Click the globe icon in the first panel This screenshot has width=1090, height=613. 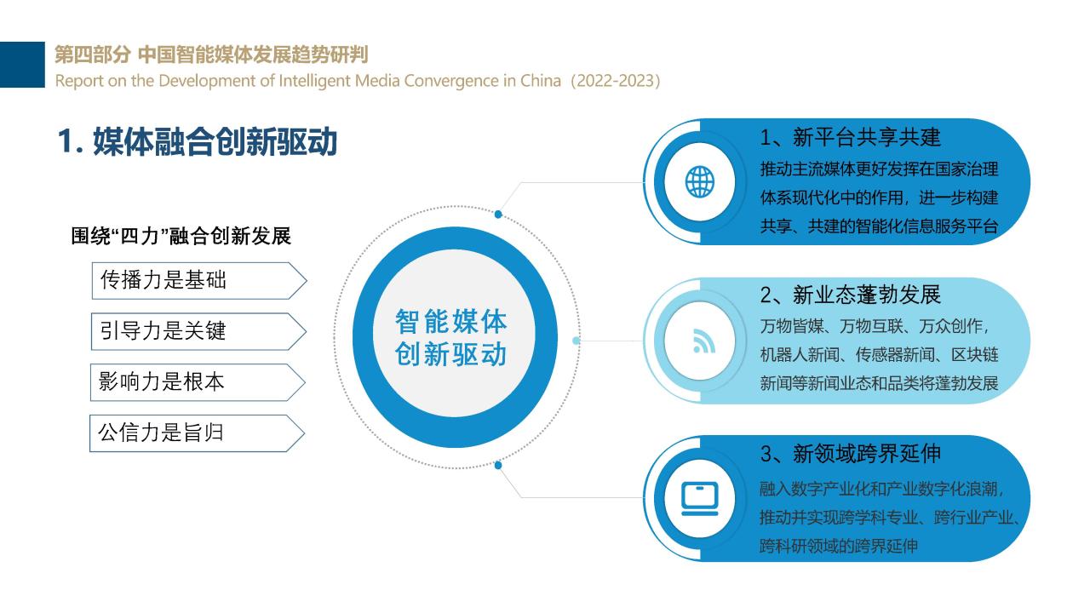[700, 182]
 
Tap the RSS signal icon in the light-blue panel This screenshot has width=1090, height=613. [704, 341]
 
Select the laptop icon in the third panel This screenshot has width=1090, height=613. [700, 499]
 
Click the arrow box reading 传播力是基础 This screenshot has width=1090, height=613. [199, 281]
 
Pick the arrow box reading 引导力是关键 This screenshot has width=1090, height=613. [198, 332]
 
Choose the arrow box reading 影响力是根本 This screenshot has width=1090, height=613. [198, 382]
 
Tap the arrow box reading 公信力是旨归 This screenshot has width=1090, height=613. [197, 433]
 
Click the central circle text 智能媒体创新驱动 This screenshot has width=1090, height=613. [451, 338]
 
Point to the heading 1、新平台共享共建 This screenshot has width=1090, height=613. [850, 138]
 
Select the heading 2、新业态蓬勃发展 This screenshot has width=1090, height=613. [850, 295]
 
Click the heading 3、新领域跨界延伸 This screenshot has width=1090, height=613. [850, 454]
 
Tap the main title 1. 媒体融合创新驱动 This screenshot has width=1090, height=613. [198, 142]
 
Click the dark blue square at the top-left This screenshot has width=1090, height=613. [22, 65]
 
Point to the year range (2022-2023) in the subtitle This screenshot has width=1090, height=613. [615, 81]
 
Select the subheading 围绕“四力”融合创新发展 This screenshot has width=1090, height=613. [181, 237]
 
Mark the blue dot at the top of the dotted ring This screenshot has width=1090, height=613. [498, 214]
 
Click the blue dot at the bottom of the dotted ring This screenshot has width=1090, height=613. [498, 466]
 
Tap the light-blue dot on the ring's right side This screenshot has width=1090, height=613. [577, 341]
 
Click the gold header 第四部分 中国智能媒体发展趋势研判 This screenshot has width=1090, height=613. [211, 54]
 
